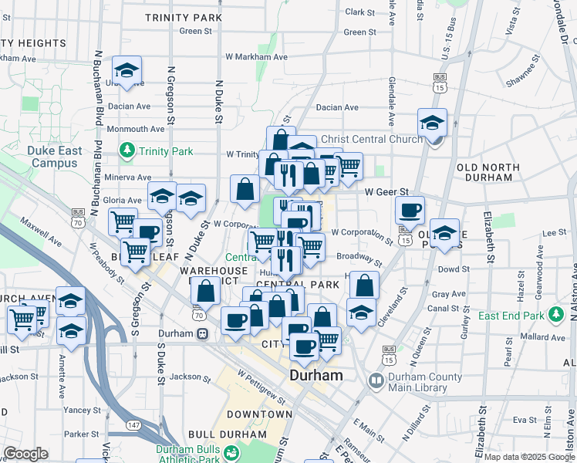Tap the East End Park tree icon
555,315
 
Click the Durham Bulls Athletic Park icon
231,453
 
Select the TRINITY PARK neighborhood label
184,17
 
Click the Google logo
25,454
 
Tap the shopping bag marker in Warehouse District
205,292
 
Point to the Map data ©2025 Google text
528,457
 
